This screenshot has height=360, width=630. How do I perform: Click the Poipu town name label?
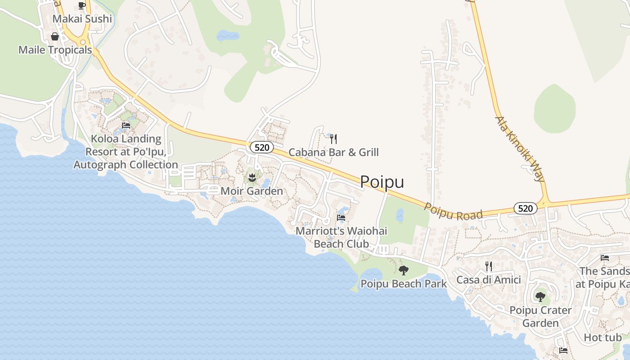[x=382, y=182]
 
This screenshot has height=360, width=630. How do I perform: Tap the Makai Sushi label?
[x=82, y=19]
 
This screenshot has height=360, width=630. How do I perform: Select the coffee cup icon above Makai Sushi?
[x=81, y=5]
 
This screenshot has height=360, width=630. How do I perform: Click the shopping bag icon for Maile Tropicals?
[x=55, y=36]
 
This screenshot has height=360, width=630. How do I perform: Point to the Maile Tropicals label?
[x=55, y=50]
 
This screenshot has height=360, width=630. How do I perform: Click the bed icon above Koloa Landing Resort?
[x=126, y=126]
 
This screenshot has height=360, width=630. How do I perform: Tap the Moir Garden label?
[x=252, y=191]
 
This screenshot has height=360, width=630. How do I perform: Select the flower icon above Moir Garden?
[x=252, y=178]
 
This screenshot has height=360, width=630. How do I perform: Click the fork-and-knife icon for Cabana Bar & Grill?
[x=333, y=139]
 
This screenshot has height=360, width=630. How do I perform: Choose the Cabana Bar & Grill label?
[x=333, y=152]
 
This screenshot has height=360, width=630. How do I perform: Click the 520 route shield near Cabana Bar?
[x=261, y=147]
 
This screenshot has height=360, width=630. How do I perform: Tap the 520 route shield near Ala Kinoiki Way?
[x=525, y=208]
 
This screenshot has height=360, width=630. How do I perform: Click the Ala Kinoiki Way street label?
[x=520, y=148]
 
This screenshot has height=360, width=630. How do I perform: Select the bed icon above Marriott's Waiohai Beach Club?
[x=341, y=218]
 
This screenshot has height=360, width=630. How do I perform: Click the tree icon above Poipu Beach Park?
[x=404, y=270]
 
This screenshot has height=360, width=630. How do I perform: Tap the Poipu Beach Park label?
[x=404, y=284]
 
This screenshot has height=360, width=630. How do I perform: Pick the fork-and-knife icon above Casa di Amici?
[x=489, y=266]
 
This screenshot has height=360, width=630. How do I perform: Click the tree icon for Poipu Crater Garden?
[x=540, y=297]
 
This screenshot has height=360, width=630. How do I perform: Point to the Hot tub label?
[x=603, y=337]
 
